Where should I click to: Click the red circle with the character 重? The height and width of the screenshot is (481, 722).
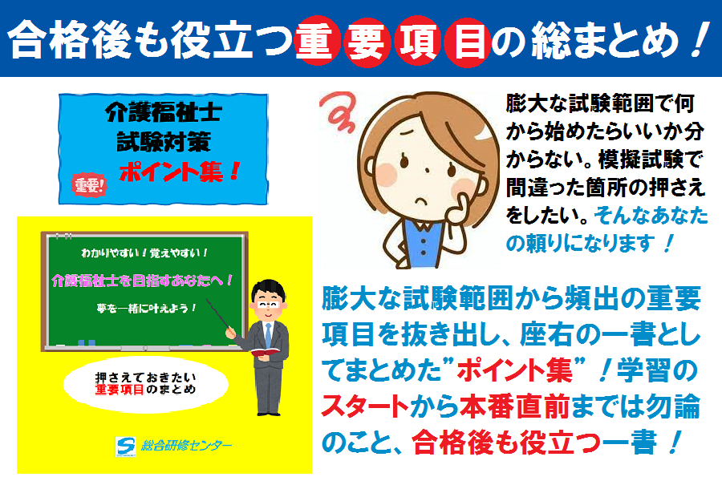coord(317,42)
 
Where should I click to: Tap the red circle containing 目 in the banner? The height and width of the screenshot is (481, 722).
coord(467,42)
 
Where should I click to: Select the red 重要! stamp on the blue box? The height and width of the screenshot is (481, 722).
coord(89,185)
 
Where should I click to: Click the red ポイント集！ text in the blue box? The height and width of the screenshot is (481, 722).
coord(180,172)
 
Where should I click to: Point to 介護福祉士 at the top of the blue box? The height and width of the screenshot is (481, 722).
coord(164,112)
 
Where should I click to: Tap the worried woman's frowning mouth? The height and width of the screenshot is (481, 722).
coord(422,200)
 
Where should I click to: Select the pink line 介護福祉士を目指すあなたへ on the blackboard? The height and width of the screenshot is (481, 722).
coord(143,280)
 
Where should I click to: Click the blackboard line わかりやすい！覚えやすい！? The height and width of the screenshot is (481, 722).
coord(144,253)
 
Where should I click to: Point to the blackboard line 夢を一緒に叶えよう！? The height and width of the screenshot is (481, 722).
coord(147,308)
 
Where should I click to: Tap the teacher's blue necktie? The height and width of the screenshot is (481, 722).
coord(268,334)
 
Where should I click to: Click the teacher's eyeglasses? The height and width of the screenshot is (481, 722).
coord(268,305)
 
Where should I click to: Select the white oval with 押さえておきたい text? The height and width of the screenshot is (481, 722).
coord(145,384)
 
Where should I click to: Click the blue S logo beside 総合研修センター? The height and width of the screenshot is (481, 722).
coord(125,446)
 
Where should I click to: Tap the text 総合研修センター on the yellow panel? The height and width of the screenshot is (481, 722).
coord(186,446)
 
